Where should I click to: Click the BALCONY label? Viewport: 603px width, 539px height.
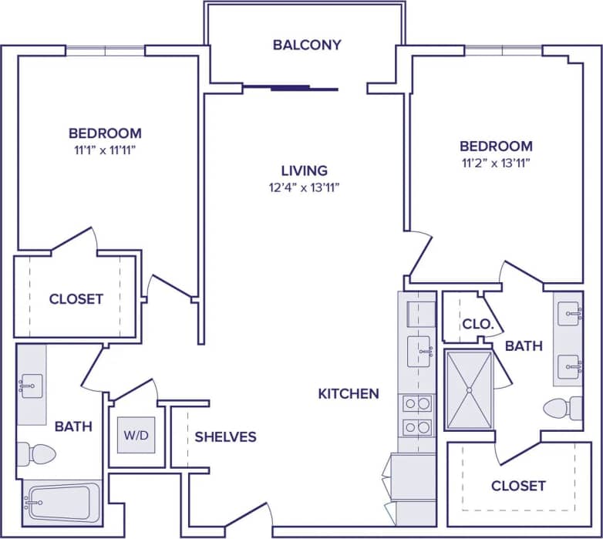(x=306, y=45)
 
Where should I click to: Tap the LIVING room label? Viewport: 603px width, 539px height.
(x=304, y=170)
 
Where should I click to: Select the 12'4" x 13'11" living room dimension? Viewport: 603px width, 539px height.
(x=304, y=187)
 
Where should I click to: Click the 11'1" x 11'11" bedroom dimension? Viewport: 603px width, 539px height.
(x=105, y=150)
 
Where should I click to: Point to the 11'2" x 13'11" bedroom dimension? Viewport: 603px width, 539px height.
(x=496, y=163)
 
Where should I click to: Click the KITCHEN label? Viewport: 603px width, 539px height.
(x=349, y=393)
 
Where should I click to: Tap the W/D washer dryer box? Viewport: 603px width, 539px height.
(x=136, y=436)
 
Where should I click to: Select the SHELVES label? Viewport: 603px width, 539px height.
(x=225, y=436)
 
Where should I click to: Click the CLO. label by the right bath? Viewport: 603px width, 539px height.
(x=477, y=325)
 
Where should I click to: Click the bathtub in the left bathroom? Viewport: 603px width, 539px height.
(x=62, y=502)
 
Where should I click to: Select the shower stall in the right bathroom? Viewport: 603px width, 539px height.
(x=468, y=389)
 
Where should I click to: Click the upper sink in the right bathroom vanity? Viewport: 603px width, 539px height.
(x=569, y=313)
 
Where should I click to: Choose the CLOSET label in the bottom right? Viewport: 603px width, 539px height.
(x=518, y=486)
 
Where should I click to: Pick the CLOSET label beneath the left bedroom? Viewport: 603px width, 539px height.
(x=76, y=298)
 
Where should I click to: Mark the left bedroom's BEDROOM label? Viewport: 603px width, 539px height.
(x=105, y=133)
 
